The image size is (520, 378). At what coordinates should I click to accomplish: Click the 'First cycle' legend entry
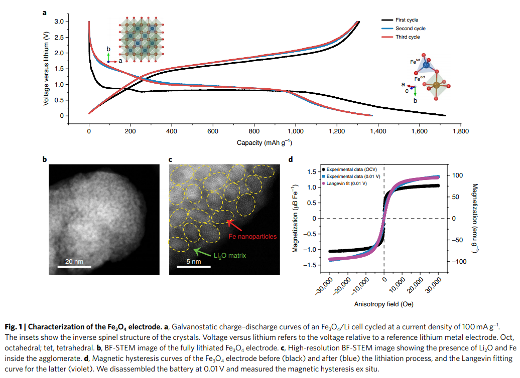point(407,20)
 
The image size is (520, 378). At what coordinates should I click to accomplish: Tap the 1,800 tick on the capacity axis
point(460,131)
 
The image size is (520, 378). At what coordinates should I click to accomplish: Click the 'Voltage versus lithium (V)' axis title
point(47,69)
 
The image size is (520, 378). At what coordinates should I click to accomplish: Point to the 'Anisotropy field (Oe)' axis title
point(383,304)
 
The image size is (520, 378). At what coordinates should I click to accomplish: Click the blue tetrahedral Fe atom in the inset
point(426,64)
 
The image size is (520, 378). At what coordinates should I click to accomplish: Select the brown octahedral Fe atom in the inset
point(436,86)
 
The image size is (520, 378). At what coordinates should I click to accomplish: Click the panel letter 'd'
point(291,160)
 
